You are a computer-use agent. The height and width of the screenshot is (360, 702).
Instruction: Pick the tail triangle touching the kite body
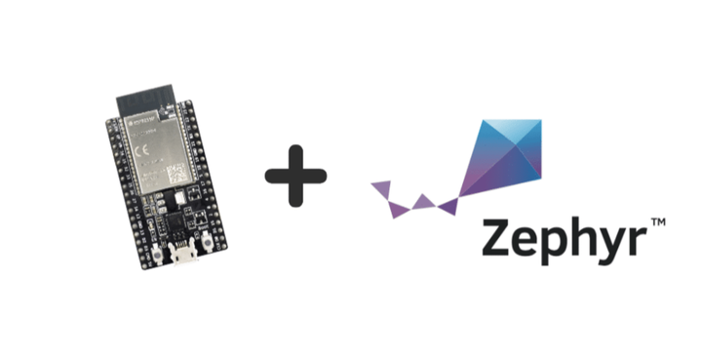[x=448, y=206]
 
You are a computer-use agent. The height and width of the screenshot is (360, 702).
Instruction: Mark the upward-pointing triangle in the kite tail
[x=422, y=200]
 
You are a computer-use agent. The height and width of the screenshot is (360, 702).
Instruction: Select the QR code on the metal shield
[x=175, y=177]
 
